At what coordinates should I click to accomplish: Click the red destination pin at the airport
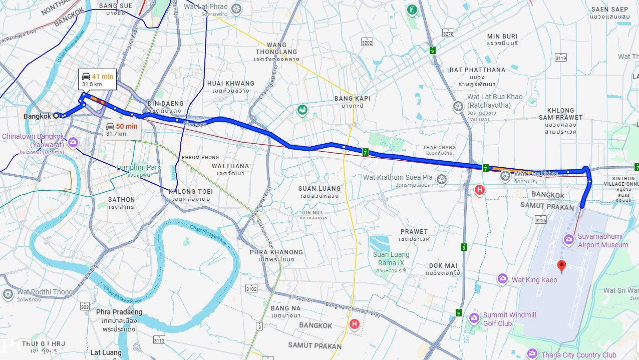coord(561,266)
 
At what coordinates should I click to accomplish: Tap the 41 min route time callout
coord(98,80)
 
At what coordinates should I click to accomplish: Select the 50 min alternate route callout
coord(122,130)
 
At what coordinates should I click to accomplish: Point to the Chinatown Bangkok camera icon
coord(73,143)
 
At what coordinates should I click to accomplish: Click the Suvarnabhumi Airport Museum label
coord(603,240)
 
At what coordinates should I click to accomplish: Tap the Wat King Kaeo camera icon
coord(503,279)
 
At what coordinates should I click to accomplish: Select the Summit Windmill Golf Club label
coord(509,319)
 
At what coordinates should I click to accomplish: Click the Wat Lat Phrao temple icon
coord(236,9)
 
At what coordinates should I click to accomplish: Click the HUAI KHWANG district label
coord(230,83)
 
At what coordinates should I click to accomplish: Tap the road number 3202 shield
coord(367,42)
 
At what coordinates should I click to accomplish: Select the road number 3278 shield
coord(448,33)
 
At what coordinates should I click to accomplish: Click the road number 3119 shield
coord(560,58)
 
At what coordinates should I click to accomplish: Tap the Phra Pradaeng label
coord(119,312)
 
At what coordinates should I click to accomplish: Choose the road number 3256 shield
coord(540,219)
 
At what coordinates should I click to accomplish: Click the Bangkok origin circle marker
coord(57,115)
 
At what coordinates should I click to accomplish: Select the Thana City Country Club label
coord(578,355)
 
